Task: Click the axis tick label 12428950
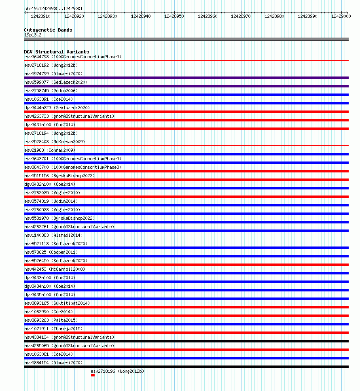[174, 16]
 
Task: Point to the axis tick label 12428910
[40, 16]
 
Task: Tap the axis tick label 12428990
[307, 16]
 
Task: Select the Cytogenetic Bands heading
[48, 30]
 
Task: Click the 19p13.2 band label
[33, 35]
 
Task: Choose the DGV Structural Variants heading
[57, 52]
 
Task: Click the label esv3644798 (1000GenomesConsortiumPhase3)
[73, 57]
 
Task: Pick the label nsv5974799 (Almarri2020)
[53, 74]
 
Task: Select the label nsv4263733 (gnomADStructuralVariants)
[69, 116]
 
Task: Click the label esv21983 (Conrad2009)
[49, 150]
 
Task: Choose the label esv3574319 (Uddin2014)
[51, 201]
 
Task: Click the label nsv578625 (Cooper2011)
[51, 252]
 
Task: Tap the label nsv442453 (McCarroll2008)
[55, 269]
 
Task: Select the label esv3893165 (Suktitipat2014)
[57, 303]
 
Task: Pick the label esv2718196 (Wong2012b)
[117, 371]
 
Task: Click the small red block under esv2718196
[93, 375]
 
